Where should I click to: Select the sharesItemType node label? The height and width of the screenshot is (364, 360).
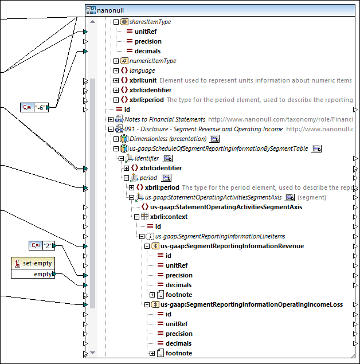[x=150, y=22]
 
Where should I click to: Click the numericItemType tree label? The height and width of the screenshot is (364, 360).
[x=153, y=61]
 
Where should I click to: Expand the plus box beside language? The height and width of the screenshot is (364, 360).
[x=116, y=71]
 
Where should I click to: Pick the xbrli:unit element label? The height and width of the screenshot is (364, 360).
[x=143, y=80]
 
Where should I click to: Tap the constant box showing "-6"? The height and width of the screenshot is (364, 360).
[x=42, y=107]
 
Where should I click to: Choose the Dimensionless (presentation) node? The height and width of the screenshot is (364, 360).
[x=168, y=139]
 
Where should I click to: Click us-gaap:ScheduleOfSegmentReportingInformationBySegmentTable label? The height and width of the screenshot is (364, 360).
[x=219, y=148]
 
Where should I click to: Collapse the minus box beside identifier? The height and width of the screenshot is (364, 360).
[x=121, y=158]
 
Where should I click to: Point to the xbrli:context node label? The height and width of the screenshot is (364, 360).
[x=169, y=217]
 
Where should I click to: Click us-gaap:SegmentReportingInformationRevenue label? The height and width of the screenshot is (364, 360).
[x=232, y=246]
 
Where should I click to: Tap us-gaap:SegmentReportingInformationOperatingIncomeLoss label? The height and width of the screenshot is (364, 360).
[x=252, y=304]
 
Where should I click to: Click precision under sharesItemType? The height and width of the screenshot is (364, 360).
[x=148, y=41]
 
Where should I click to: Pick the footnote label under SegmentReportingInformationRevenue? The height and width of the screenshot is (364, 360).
[x=179, y=295]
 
